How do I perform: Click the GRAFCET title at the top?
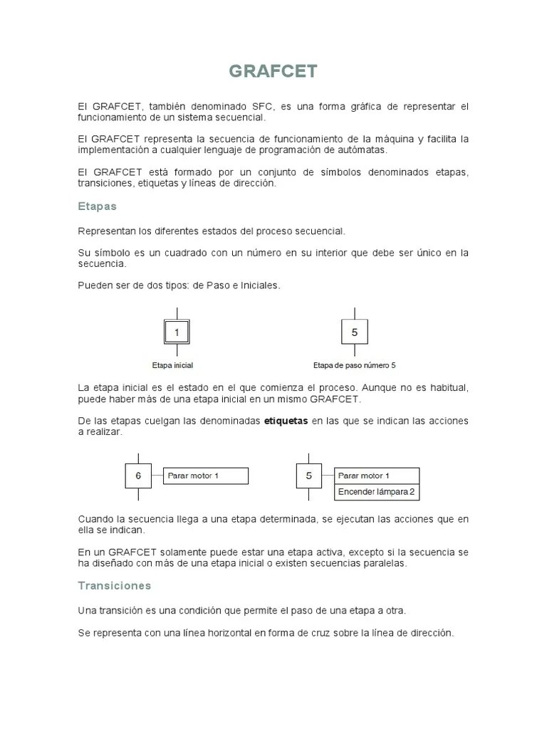(x=273, y=72)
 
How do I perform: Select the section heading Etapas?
(x=97, y=206)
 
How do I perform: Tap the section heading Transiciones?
(x=114, y=586)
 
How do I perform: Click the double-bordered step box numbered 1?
(x=177, y=332)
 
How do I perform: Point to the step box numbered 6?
(x=138, y=476)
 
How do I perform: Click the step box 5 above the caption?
(x=355, y=332)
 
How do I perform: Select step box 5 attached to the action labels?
(x=308, y=476)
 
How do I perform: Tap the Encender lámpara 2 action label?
(x=376, y=492)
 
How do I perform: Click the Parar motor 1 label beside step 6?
(x=207, y=476)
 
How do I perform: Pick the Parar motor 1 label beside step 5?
(x=376, y=476)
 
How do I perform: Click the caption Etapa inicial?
(x=172, y=365)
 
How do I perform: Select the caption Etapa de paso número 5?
(x=354, y=365)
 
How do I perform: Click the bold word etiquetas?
(x=286, y=421)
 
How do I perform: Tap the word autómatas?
(x=364, y=150)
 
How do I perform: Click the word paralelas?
(x=385, y=563)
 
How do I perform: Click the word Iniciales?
(x=260, y=285)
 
